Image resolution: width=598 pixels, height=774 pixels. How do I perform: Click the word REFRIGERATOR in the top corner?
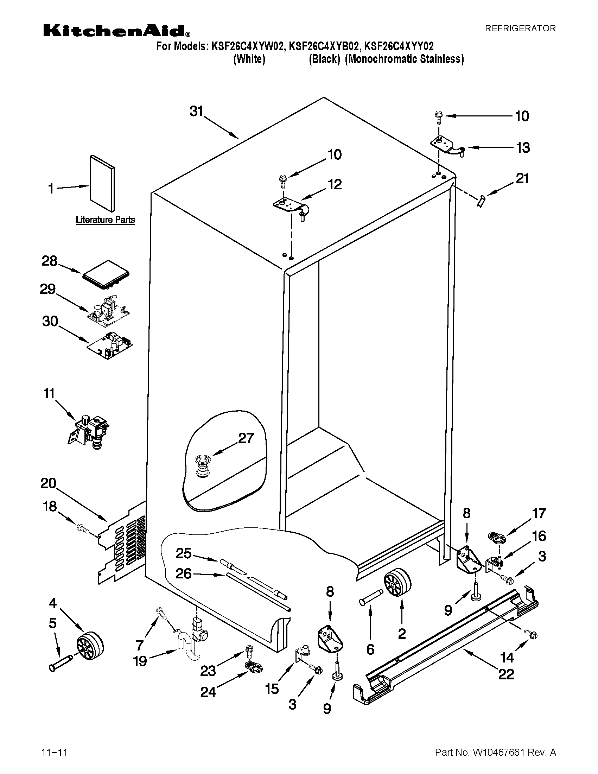pyautogui.click(x=520, y=29)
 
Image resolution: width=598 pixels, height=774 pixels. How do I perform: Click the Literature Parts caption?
pyautogui.click(x=105, y=220)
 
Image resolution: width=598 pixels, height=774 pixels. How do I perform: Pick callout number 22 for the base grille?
pyautogui.click(x=505, y=674)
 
